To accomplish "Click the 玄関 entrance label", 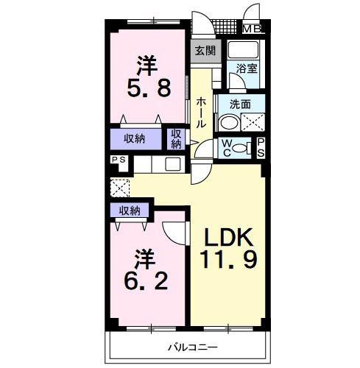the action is tap(205, 51).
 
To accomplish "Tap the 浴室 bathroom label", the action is tap(247, 68).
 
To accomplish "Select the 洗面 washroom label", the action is tap(240, 105).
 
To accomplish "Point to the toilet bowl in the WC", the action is tap(241, 149).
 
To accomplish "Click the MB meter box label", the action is tap(252, 29).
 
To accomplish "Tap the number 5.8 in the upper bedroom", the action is tap(149, 88).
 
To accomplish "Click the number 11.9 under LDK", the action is tap(228, 259).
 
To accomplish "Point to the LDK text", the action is tap(229, 237).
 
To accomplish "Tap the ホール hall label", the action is tap(201, 112).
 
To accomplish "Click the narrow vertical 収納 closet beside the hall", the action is tap(176, 139).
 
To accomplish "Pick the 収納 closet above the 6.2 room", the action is tap(130, 210).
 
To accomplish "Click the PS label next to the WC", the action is tap(261, 147).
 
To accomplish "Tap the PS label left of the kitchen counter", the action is tap(119, 160).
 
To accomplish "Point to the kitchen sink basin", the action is tap(173, 164).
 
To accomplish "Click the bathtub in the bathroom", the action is tap(243, 49).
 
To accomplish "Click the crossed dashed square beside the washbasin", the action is tap(253, 122).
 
